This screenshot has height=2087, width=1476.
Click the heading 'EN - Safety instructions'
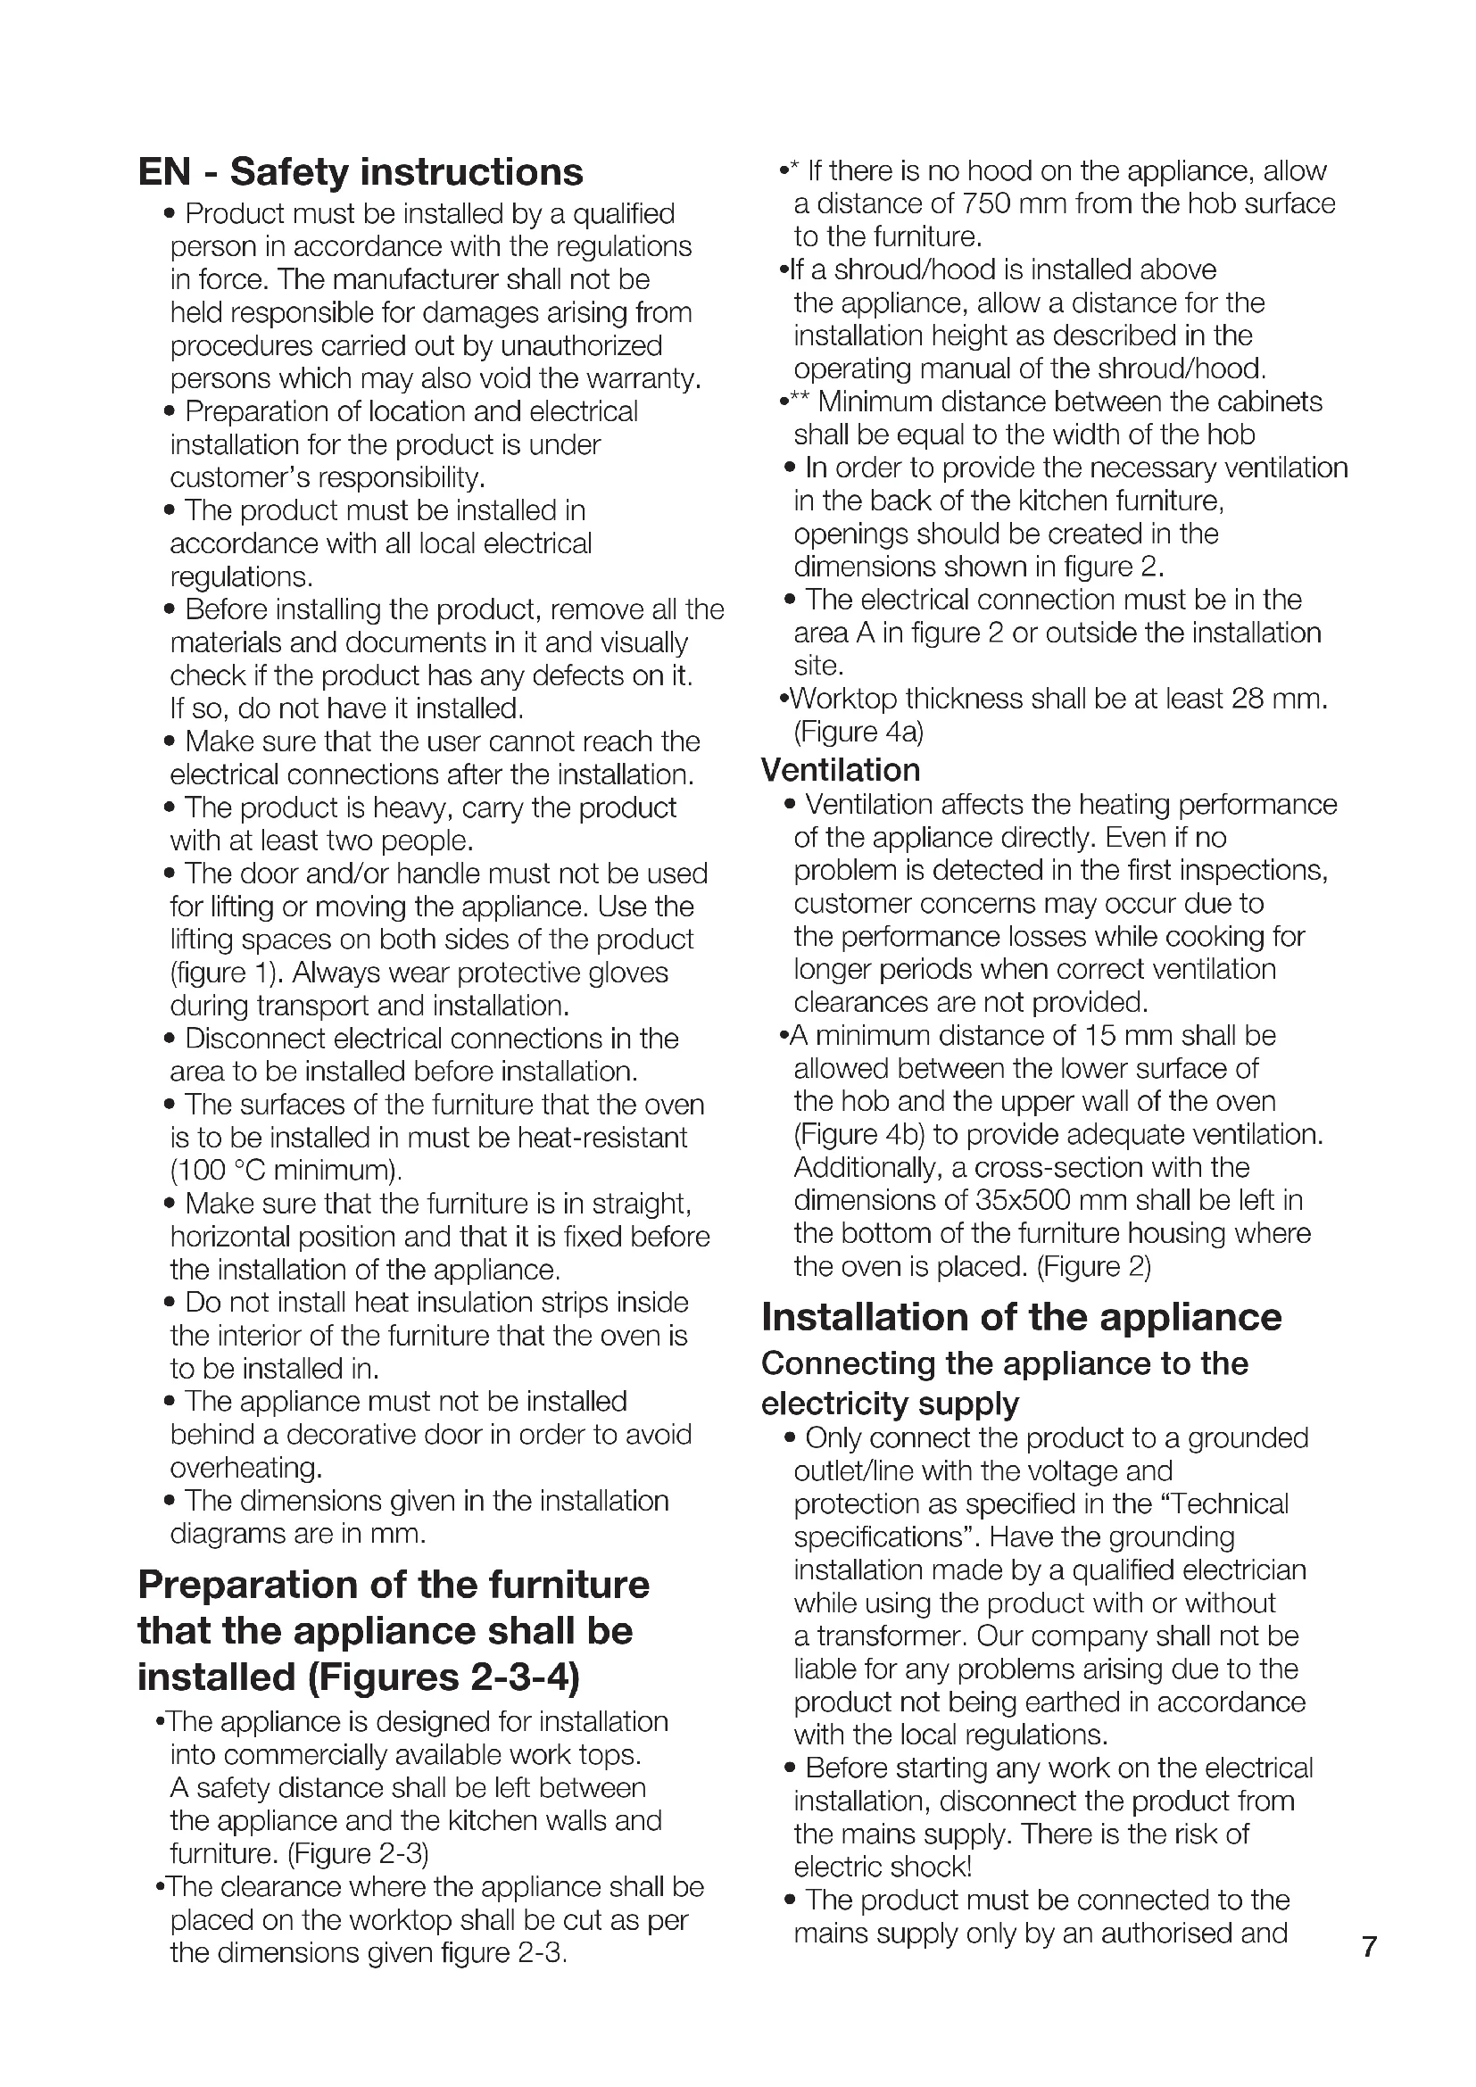point(360,172)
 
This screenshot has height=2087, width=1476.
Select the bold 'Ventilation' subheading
point(840,770)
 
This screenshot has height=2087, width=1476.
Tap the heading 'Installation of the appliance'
point(1021,1317)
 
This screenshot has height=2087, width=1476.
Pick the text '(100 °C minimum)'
point(286,1170)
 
